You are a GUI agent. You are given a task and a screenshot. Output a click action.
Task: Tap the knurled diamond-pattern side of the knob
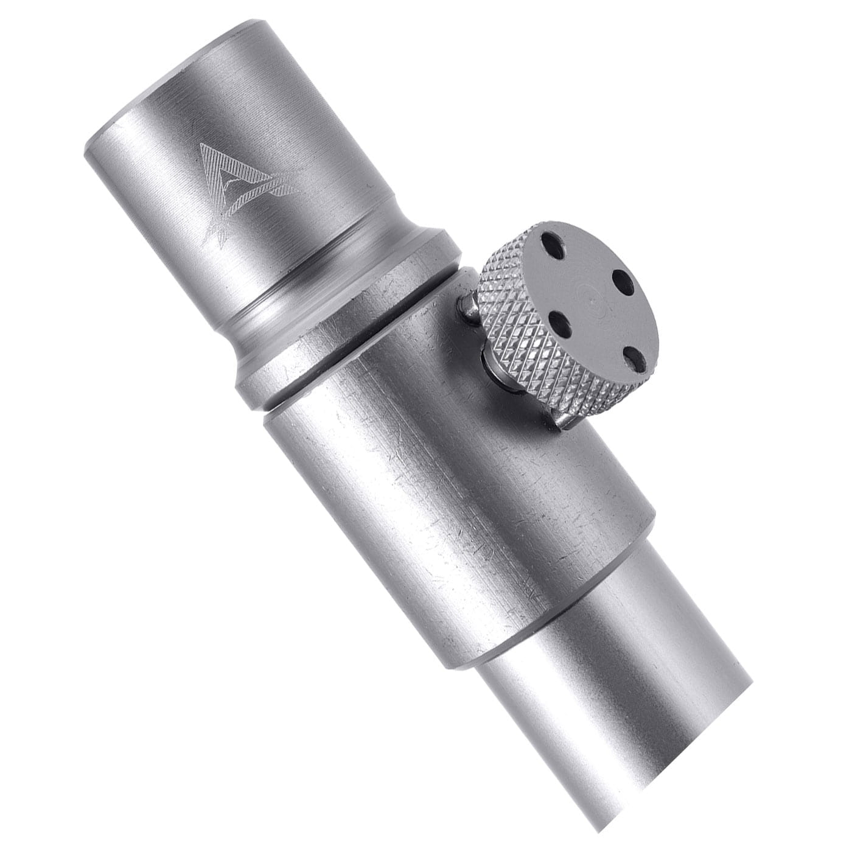[x=517, y=316]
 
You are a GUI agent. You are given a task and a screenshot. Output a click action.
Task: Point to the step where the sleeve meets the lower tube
[x=548, y=615]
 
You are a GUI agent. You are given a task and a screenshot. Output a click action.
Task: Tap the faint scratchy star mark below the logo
[x=219, y=234]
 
